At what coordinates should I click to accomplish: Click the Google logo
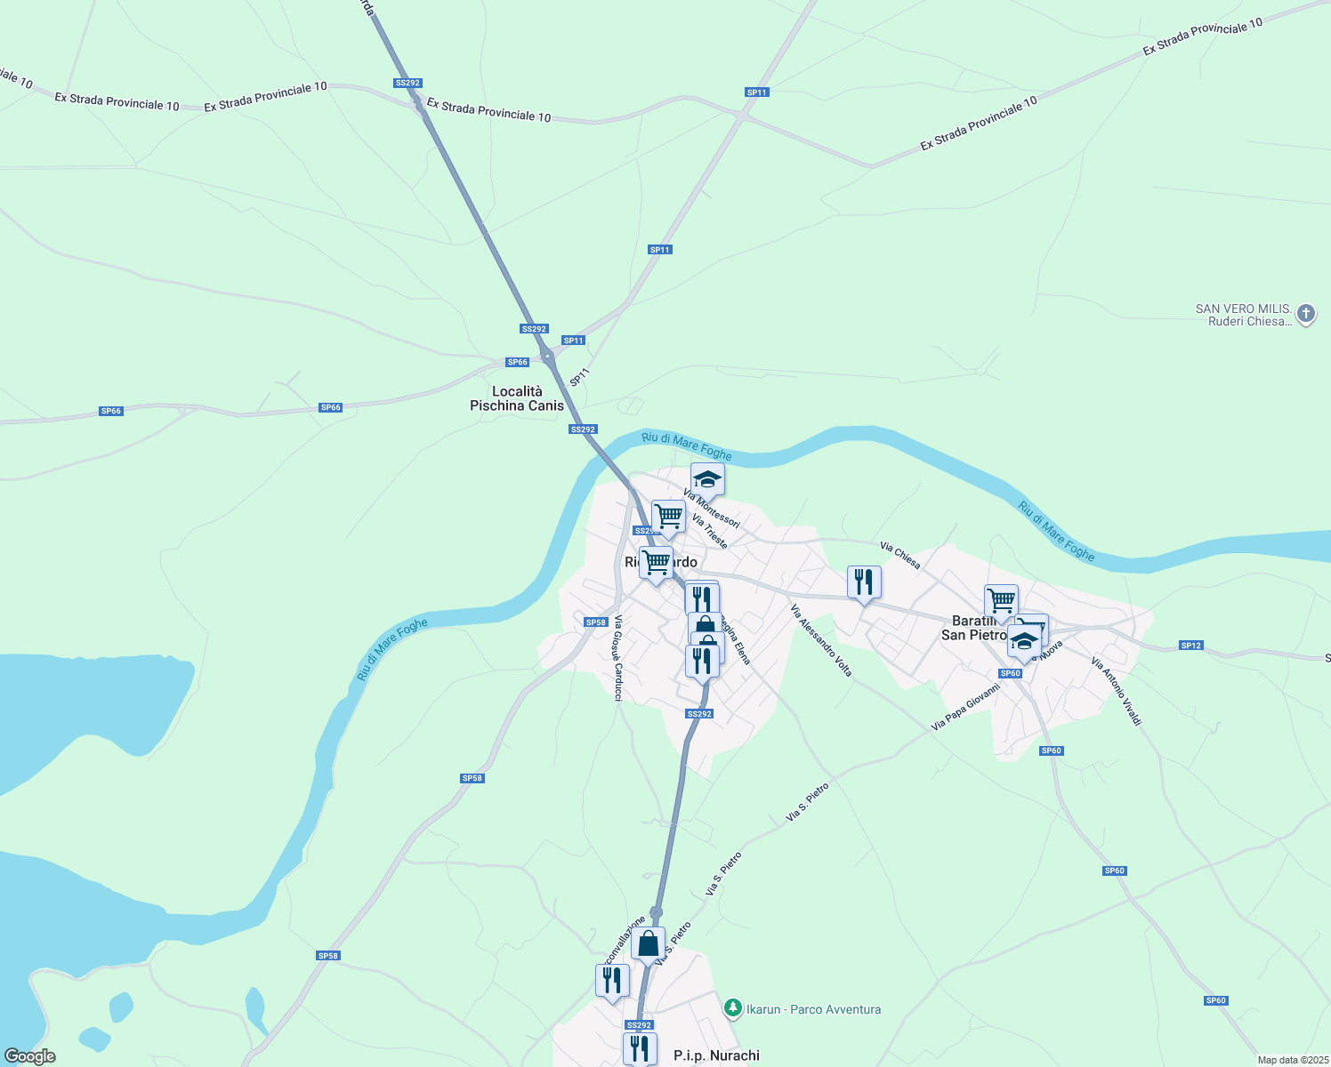point(30,1056)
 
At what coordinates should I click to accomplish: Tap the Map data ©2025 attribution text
point(1292,1060)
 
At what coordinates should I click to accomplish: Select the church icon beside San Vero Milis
point(1305,314)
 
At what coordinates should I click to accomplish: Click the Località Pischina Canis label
point(517,398)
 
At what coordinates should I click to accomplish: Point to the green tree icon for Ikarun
point(732,1008)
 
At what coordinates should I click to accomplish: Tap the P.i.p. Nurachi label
point(716,1055)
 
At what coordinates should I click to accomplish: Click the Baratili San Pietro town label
point(973,628)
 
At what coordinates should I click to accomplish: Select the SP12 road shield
point(1191,645)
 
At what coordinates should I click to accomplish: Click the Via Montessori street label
point(711,508)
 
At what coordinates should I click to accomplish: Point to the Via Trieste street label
point(710,532)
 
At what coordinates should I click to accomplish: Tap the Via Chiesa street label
point(899,555)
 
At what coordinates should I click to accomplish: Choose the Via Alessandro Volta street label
point(821,640)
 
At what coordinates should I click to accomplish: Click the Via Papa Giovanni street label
point(965,707)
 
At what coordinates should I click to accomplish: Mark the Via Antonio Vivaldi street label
point(1116,691)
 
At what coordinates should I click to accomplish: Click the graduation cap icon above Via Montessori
point(707,479)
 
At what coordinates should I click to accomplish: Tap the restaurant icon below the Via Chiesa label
point(864,582)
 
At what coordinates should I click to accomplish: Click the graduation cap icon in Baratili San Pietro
point(1024,641)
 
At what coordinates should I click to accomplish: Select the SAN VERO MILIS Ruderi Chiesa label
point(1243,315)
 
